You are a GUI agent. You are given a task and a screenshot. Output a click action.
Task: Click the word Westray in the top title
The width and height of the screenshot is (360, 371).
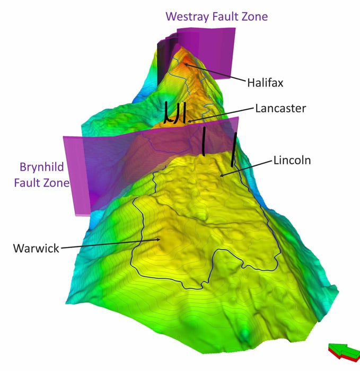pyautogui.click(x=186, y=16)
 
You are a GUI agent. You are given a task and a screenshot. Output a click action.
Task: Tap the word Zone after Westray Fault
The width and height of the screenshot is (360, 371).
pyautogui.click(x=252, y=16)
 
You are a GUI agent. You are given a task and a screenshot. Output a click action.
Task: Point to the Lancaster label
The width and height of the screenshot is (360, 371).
pyautogui.click(x=280, y=108)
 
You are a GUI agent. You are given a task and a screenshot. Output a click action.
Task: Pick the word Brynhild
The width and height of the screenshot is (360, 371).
pyautogui.click(x=42, y=167)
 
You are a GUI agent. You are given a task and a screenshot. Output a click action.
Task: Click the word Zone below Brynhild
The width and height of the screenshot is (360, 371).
pyautogui.click(x=58, y=183)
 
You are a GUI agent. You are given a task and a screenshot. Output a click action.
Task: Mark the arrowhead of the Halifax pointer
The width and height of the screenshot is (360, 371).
pyautogui.click(x=185, y=65)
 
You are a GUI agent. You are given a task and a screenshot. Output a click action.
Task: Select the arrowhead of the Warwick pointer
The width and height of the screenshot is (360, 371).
pyautogui.click(x=159, y=240)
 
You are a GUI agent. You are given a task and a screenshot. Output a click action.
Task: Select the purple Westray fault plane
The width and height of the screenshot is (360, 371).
pyautogui.click(x=212, y=50)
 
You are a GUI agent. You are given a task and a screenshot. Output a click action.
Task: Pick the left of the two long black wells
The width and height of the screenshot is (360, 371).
pyautogui.click(x=204, y=141)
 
